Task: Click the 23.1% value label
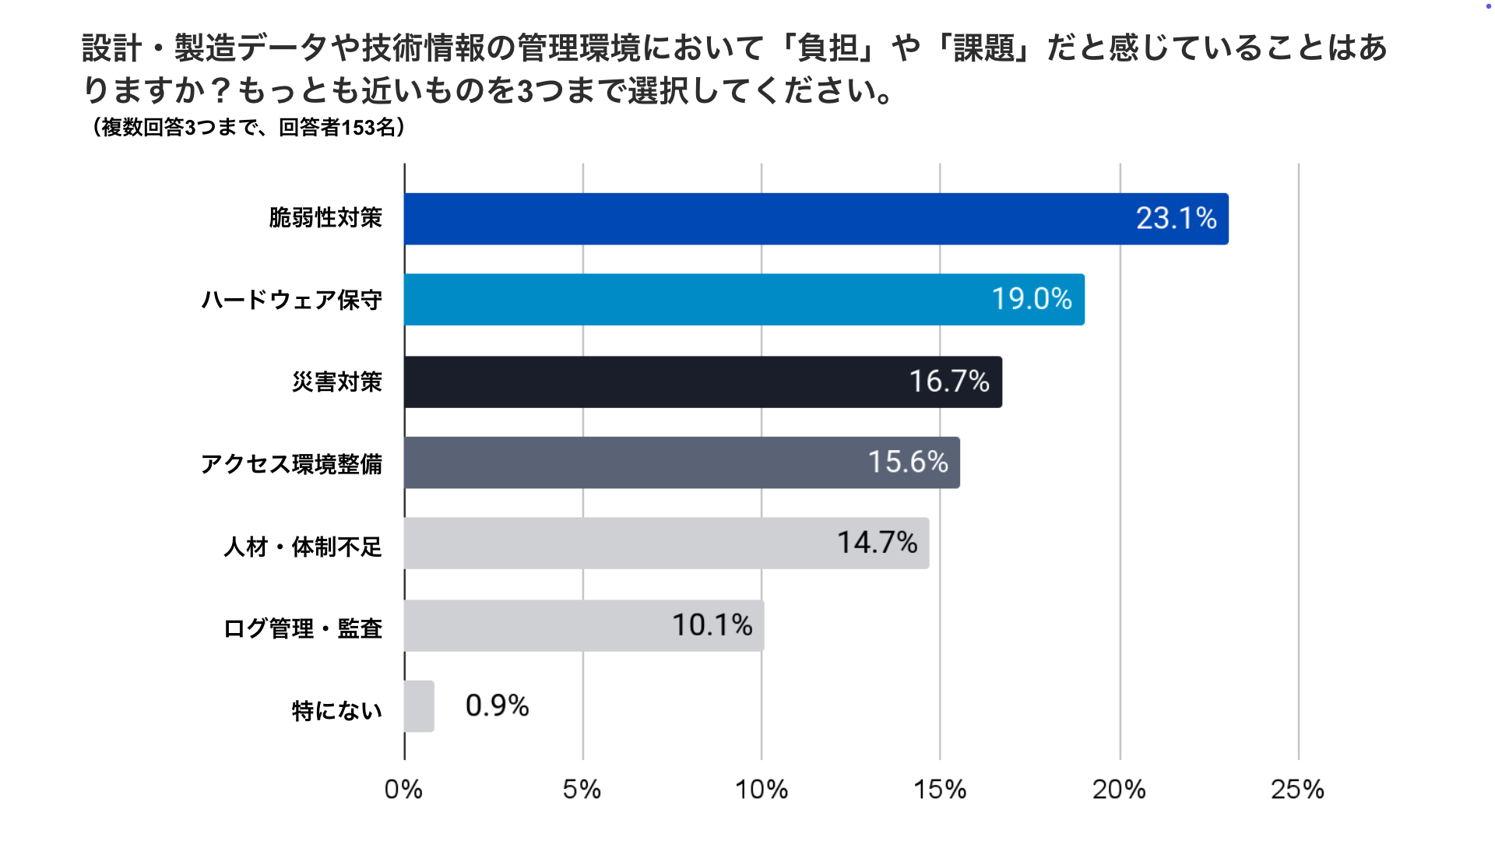coord(1176,219)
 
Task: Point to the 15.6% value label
coord(908,463)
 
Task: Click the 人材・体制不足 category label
coord(303,547)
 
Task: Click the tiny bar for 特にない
coord(419,706)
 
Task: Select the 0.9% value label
coord(497,706)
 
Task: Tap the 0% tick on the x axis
coord(403,790)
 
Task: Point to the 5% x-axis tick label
coord(582,790)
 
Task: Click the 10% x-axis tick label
coord(761,790)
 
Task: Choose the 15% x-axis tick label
coord(940,790)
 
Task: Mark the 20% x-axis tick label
coord(1119,790)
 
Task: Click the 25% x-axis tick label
coord(1297,790)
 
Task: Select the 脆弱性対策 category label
coord(325,218)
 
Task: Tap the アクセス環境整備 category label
coord(291,464)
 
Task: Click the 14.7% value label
coord(877,543)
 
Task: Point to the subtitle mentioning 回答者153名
coord(249,127)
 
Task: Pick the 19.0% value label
coord(1032,299)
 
